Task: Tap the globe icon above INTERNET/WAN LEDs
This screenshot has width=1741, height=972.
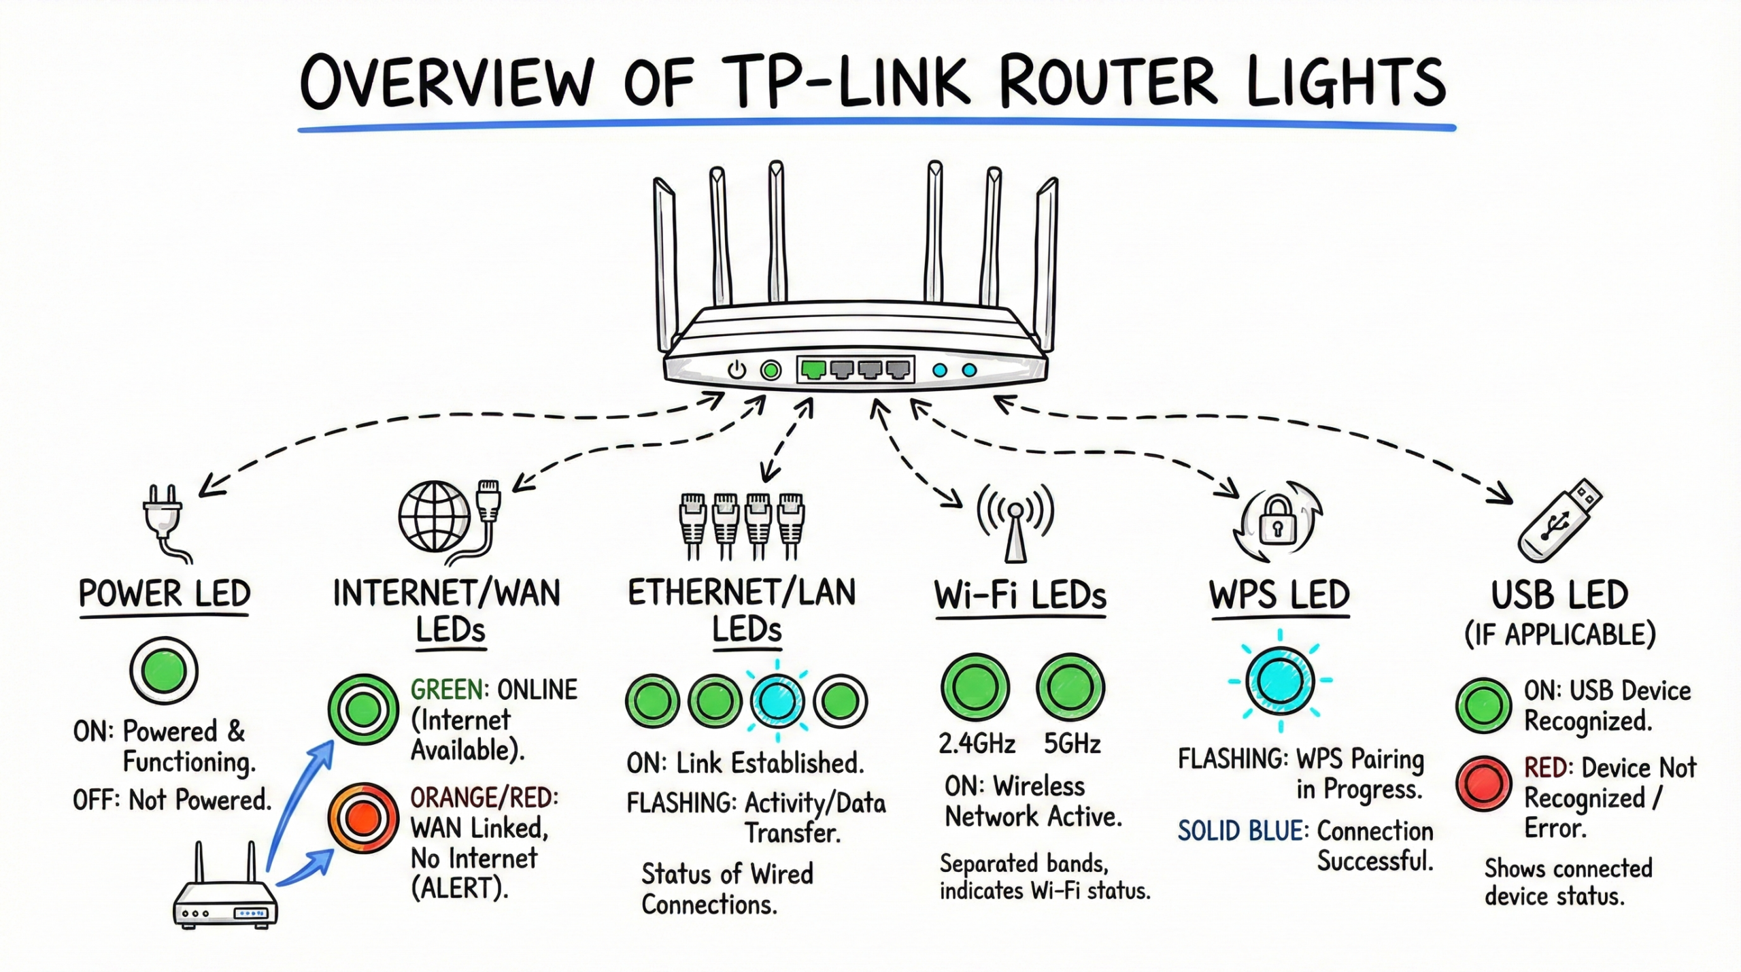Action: point(435,516)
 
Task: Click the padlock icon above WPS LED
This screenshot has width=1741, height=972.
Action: point(1277,522)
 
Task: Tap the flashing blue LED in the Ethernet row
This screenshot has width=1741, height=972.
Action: point(777,701)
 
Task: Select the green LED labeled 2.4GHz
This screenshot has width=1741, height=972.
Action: point(975,687)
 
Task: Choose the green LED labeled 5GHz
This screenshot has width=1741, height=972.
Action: point(1070,687)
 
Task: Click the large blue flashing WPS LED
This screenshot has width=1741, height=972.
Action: point(1280,680)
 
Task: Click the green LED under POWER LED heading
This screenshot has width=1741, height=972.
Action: point(164,670)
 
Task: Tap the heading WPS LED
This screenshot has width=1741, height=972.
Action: point(1279,595)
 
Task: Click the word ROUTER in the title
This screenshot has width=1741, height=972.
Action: point(1109,83)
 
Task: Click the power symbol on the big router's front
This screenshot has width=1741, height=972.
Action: point(737,371)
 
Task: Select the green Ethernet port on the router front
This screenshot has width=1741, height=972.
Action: point(813,369)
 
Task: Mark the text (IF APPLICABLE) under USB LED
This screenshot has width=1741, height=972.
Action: point(1559,635)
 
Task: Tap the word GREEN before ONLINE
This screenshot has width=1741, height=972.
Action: point(447,690)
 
